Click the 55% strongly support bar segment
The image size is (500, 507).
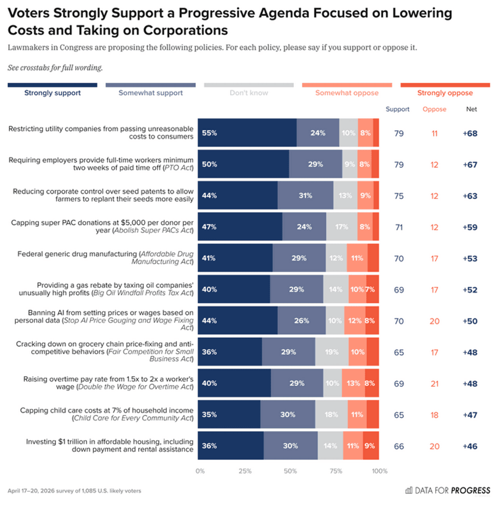[x=247, y=133]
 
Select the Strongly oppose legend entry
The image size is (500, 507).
[x=445, y=93]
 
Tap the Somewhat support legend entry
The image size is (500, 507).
[x=151, y=93]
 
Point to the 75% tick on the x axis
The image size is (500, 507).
[x=336, y=471]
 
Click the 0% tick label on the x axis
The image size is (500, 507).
[x=200, y=471]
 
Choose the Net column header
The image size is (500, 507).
[x=472, y=109]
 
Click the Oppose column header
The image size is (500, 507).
[x=434, y=109]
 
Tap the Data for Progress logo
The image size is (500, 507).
[x=447, y=490]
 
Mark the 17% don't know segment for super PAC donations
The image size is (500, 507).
[x=342, y=227]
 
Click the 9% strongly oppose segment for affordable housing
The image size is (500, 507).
[x=370, y=446]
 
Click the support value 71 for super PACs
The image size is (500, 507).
[x=398, y=227]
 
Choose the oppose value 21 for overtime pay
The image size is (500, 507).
[x=434, y=383]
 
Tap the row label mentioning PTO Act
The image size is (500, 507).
[x=101, y=164]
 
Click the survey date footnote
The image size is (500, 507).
[x=74, y=491]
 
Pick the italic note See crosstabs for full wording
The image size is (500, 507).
[x=55, y=67]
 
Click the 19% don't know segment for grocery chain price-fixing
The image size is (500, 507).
[x=332, y=352]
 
